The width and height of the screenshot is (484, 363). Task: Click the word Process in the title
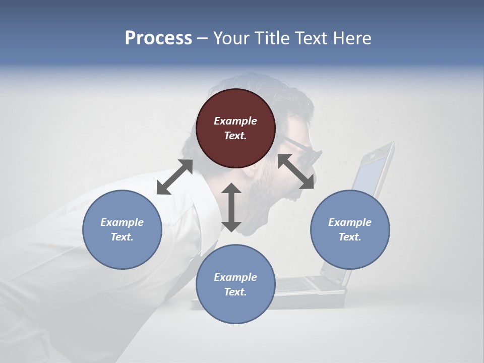click(x=158, y=38)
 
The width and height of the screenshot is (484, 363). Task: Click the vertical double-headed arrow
click(x=231, y=207)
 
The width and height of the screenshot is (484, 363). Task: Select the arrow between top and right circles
click(x=296, y=172)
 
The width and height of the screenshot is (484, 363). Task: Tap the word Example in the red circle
click(x=235, y=121)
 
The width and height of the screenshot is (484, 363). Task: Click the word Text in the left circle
click(x=122, y=237)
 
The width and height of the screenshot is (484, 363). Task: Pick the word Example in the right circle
click(x=350, y=222)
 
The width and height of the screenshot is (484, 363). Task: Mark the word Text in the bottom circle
click(x=235, y=292)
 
